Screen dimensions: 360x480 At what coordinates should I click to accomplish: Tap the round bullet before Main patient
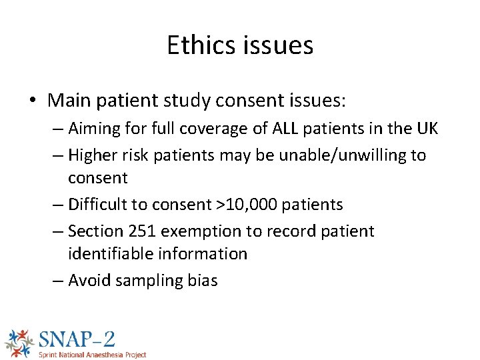[33, 101]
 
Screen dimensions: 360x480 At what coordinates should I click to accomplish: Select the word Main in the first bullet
[69, 101]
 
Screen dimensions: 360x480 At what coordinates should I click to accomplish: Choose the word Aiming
[93, 129]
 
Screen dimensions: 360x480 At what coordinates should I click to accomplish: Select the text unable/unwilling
[345, 155]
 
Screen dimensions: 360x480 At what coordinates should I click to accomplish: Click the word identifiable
[110, 254]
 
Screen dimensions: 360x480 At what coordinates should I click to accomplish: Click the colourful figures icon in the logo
[18, 342]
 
